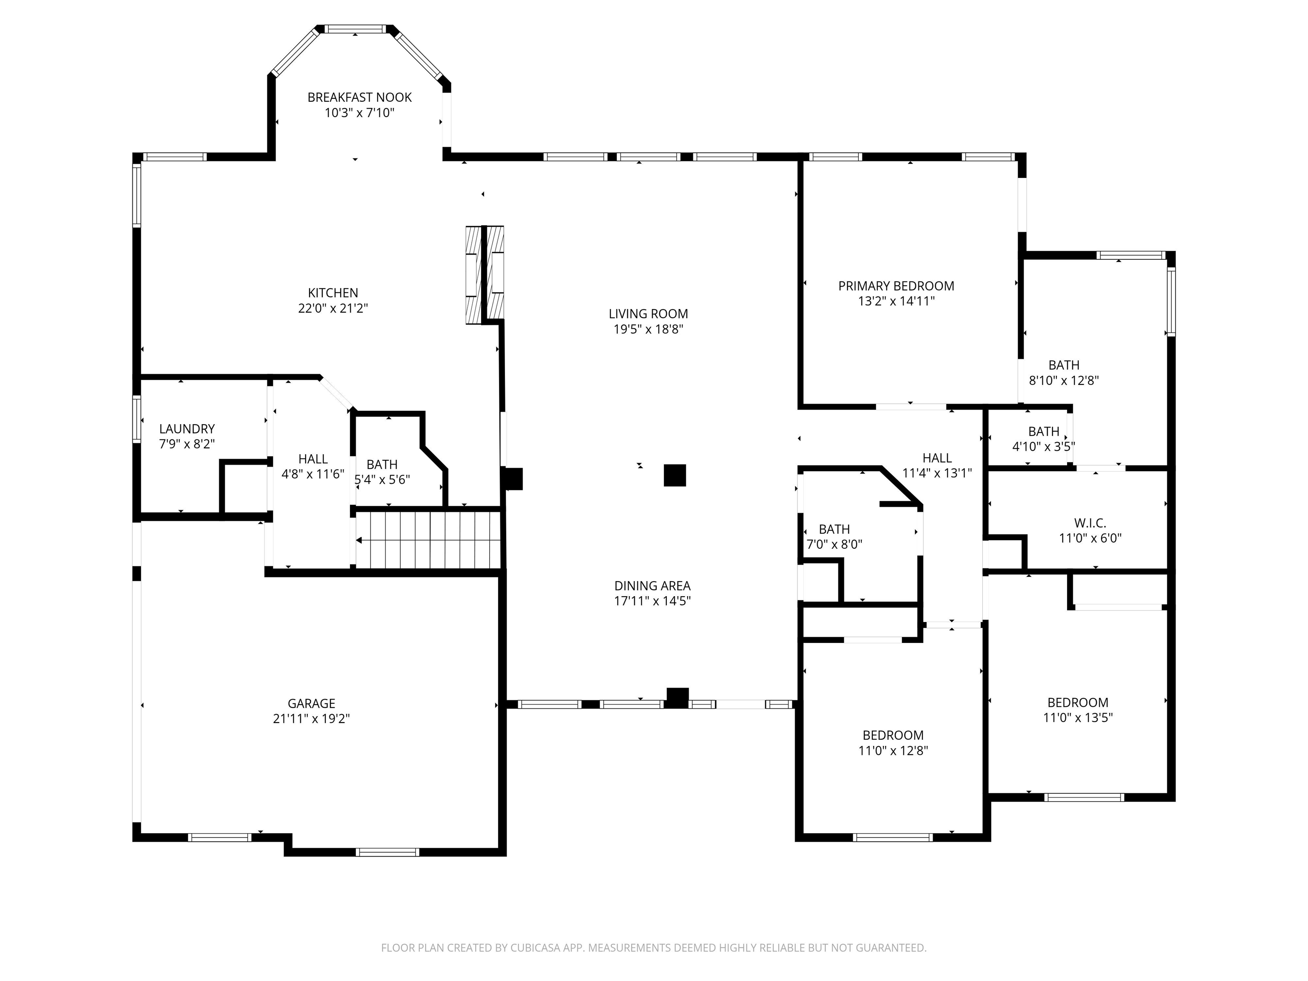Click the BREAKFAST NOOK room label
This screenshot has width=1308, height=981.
tap(359, 98)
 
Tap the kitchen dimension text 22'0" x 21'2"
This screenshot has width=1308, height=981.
tap(333, 308)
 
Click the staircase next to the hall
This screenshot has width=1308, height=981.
tap(429, 539)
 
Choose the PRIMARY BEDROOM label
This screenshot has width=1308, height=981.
tap(896, 286)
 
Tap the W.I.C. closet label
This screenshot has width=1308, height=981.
tap(1090, 523)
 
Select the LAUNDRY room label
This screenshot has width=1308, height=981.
tap(187, 429)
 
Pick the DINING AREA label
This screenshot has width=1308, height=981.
tap(652, 586)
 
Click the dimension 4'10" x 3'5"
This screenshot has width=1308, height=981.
tap(1043, 447)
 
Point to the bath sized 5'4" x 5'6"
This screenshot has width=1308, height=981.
tap(382, 465)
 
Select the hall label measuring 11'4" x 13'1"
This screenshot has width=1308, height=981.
tap(937, 458)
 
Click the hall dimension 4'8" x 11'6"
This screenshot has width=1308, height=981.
tap(313, 474)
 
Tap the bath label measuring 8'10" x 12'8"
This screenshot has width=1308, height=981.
tap(1064, 365)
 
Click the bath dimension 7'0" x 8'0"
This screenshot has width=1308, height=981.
tap(835, 545)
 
